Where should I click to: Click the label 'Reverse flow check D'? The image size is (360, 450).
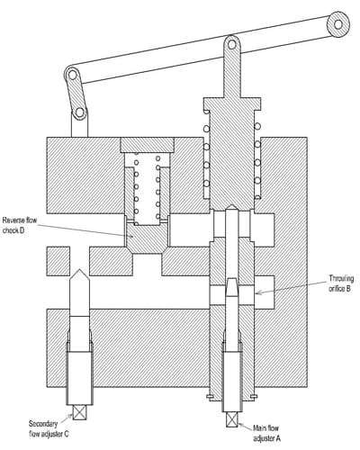[20, 226]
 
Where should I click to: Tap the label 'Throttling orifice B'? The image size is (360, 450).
[341, 283]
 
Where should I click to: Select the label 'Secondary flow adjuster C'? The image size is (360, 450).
[49, 428]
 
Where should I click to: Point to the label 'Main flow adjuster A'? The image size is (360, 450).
[266, 433]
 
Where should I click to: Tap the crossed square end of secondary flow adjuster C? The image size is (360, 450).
[79, 412]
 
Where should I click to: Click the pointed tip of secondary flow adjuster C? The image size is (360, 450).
[79, 270]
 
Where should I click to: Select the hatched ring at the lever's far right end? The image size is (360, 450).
[338, 24]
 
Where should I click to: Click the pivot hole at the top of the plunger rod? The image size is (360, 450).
[231, 44]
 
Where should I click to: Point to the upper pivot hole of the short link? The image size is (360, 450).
[72, 75]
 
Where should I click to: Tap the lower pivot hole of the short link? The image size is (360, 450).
[79, 112]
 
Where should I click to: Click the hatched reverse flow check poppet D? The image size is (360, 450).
[147, 238]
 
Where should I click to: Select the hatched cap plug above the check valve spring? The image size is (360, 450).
[147, 145]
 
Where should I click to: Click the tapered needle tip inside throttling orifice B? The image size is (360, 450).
[232, 287]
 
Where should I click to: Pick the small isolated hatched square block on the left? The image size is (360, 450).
[58, 261]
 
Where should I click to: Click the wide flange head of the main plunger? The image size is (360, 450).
[231, 103]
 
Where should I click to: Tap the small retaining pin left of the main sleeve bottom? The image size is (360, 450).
[210, 397]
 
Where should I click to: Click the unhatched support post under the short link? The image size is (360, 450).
[79, 126]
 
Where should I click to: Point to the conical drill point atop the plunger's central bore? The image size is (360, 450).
[232, 207]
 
